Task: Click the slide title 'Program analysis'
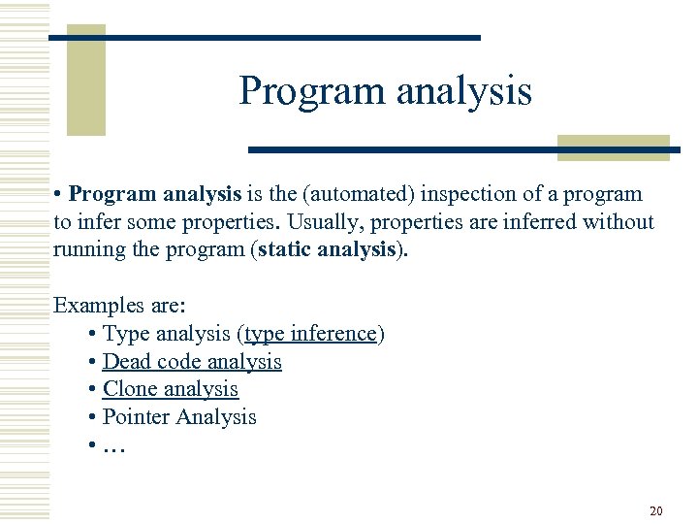click(385, 91)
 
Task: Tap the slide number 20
click(656, 510)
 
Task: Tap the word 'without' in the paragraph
click(619, 221)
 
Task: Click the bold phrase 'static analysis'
click(328, 248)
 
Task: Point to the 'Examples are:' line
click(119, 305)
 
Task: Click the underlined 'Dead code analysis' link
click(192, 362)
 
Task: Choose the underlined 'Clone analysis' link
click(170, 389)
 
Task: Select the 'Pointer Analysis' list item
click(179, 417)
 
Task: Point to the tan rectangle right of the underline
click(613, 147)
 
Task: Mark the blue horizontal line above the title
click(265, 38)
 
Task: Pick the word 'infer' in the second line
click(95, 221)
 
